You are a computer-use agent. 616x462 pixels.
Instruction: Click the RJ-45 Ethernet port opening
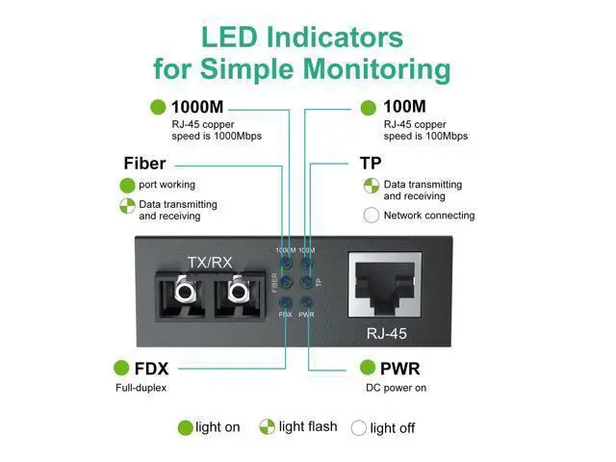pyautogui.click(x=385, y=285)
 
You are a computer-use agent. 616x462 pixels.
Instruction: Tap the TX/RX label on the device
pyautogui.click(x=210, y=263)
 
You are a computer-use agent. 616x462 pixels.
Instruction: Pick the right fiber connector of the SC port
pyautogui.click(x=238, y=290)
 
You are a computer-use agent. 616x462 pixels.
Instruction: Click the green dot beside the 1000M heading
pyautogui.click(x=158, y=107)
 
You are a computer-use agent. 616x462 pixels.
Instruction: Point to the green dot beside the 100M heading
pyautogui.click(x=368, y=108)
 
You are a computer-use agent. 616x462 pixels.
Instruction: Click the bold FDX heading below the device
pyautogui.click(x=151, y=369)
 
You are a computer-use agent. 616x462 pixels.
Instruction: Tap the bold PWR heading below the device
pyautogui.click(x=400, y=369)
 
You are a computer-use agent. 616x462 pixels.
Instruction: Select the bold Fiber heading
pyautogui.click(x=144, y=164)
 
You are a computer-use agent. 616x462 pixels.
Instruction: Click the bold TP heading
pyautogui.click(x=371, y=164)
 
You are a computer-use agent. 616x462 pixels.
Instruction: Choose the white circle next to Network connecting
pyautogui.click(x=372, y=216)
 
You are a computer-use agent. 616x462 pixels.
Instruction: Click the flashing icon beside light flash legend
pyautogui.click(x=268, y=426)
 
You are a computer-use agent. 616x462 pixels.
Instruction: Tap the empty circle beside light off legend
pyautogui.click(x=358, y=427)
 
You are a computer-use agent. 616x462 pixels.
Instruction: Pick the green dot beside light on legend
pyautogui.click(x=185, y=427)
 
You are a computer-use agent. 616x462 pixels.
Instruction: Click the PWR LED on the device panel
pyautogui.click(x=306, y=303)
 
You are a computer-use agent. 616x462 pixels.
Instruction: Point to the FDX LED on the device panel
pyautogui.click(x=286, y=303)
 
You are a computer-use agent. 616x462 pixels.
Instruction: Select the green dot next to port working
pyautogui.click(x=127, y=186)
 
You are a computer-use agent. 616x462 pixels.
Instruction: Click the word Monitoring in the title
pyautogui.click(x=376, y=68)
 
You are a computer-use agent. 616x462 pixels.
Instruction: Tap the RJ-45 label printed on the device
pyautogui.click(x=387, y=334)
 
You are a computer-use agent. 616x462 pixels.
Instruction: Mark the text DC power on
pyautogui.click(x=396, y=388)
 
